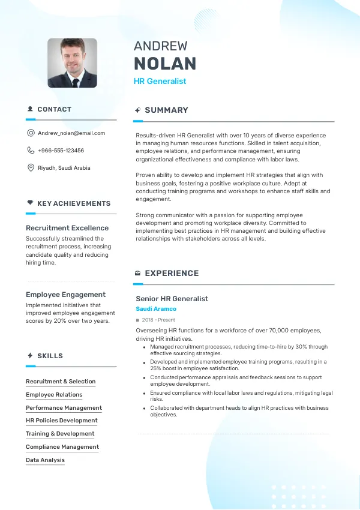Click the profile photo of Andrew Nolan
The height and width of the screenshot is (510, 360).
pos(72,63)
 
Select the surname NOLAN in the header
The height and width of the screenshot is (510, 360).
pos(165,64)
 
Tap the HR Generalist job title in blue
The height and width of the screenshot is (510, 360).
pos(160,81)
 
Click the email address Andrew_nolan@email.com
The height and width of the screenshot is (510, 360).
pos(71,133)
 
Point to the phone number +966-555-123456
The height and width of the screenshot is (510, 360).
pos(61,151)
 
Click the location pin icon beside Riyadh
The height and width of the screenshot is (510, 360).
pos(31,168)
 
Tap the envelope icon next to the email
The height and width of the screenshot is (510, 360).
pos(31,133)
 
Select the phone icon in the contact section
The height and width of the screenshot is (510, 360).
pos(31,151)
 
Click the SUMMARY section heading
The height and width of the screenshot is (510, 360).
pos(166,110)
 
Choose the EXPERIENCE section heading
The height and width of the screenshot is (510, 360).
pos(172,274)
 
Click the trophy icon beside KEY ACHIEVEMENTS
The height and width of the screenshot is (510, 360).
pos(30,203)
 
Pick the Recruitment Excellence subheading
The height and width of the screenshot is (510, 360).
pos(67,228)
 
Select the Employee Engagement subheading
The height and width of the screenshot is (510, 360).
pos(65,295)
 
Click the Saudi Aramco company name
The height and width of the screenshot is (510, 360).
pos(156,309)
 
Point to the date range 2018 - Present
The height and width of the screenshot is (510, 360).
pos(159,320)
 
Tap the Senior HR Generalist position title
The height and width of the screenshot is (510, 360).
pos(172,299)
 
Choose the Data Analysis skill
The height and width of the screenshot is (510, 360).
pos(45,460)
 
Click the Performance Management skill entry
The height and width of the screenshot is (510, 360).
pos(64,408)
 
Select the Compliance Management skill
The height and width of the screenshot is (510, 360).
pos(62,447)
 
